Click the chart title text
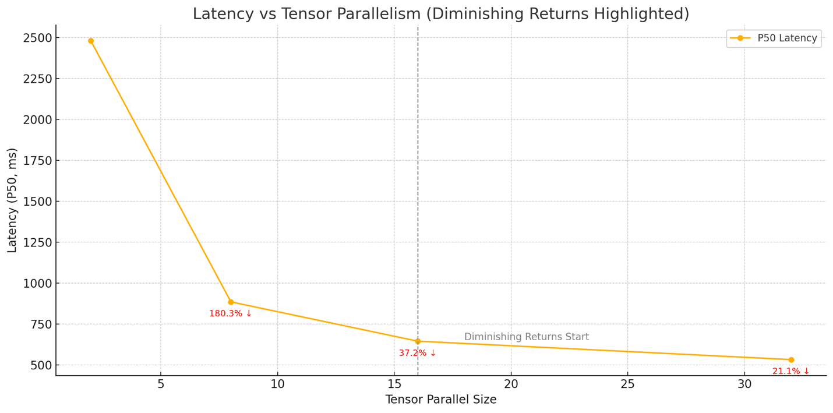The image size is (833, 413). tap(440, 14)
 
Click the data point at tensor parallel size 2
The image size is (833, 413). tap(91, 41)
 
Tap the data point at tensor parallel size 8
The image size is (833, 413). tap(231, 302)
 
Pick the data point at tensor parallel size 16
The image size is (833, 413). tap(418, 341)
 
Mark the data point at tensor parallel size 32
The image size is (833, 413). tap(791, 360)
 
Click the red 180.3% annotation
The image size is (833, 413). tap(231, 314)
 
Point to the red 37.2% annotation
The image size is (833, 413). tap(417, 354)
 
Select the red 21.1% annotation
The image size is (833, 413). tap(790, 372)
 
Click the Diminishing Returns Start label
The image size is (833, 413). tap(526, 337)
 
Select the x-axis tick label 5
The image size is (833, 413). tap(161, 384)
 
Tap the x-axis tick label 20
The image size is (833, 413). tap(511, 384)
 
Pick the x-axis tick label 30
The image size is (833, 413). tap(744, 384)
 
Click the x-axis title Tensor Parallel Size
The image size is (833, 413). tap(440, 400)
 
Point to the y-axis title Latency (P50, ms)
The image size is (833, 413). tap(12, 200)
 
